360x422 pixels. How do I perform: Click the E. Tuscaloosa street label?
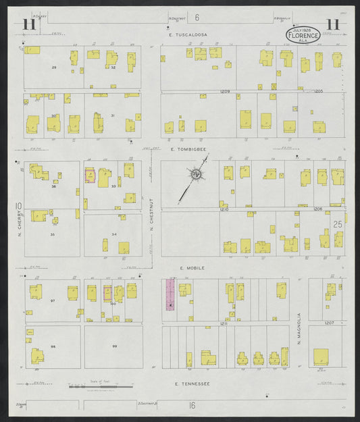pos(188,34)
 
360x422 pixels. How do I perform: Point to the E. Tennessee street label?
pos(192,384)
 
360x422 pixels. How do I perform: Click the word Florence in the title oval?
pos(302,34)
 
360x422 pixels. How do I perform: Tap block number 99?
pos(115,346)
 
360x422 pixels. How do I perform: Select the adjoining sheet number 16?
pos(192,405)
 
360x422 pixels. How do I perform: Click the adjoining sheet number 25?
pos(338,223)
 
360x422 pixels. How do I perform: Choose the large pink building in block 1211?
pos(170,295)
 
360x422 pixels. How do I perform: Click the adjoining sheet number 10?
pos(19,206)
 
